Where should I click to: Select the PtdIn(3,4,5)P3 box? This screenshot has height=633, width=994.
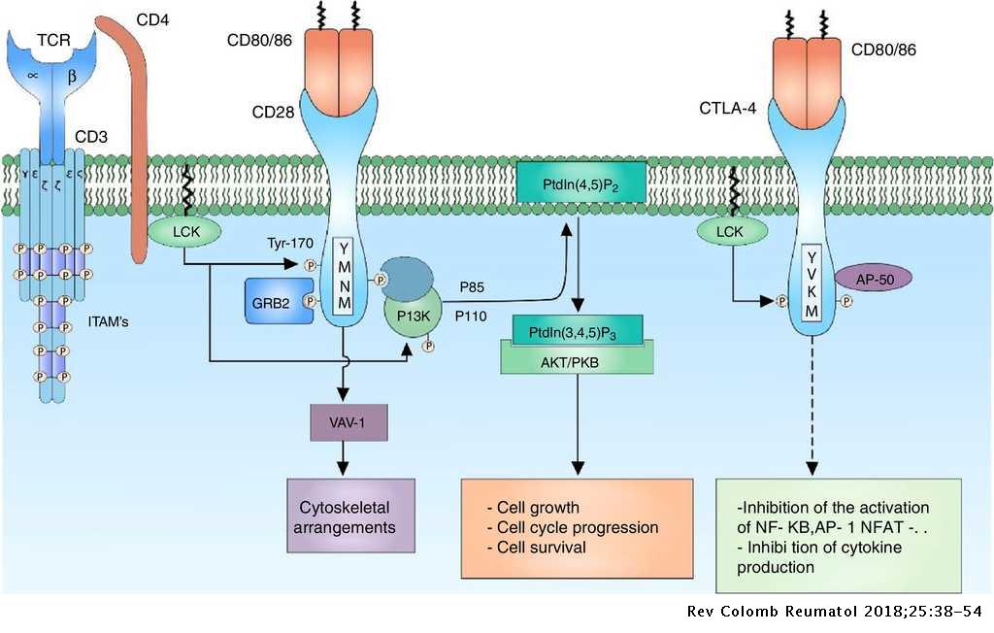577,330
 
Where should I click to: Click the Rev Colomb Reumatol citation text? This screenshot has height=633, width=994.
835,613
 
